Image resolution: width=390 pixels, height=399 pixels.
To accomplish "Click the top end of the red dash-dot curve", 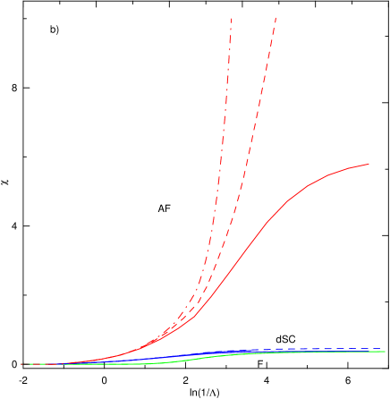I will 231,18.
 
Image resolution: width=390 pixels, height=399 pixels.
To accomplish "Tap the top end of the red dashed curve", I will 276,18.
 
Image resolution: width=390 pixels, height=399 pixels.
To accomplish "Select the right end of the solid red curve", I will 369,164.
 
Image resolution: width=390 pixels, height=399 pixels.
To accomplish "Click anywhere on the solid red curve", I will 266,222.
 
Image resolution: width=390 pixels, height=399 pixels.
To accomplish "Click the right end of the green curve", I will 386,352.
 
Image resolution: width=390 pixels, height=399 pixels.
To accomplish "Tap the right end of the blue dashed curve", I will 386,350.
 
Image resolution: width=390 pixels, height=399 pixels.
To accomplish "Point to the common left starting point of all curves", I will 21,364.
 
